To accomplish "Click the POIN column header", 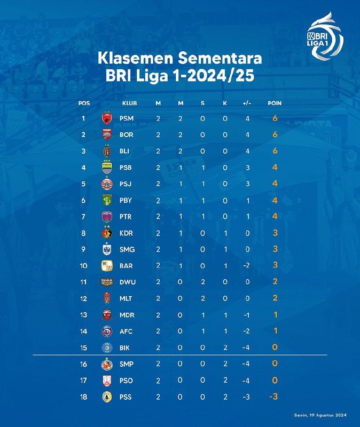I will click(x=275, y=103).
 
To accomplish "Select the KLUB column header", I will click(x=129, y=103).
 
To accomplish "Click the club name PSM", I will click(x=127, y=118).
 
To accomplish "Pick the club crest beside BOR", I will click(x=106, y=135).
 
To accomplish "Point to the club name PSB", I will click(x=127, y=168).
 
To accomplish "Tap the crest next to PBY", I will click(x=106, y=200).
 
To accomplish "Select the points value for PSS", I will click(x=275, y=396).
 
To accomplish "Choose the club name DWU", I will click(x=127, y=282).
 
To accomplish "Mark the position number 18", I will click(x=84, y=396).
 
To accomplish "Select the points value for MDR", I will click(x=275, y=314).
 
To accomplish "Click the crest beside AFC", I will click(x=106, y=331).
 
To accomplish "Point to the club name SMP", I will click(x=127, y=364).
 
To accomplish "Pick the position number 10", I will click(x=84, y=266).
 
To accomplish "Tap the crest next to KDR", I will click(x=106, y=233).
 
